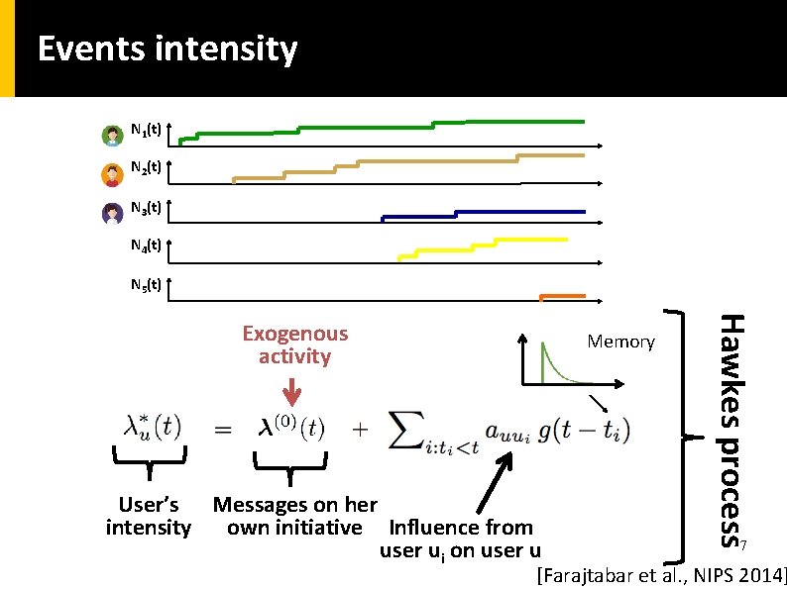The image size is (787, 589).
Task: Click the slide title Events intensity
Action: pos(167,49)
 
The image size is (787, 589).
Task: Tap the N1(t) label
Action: pos(147,130)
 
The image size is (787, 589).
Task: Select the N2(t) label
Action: pos(147,168)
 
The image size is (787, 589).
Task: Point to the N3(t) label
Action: pos(147,208)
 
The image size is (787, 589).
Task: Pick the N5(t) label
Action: pos(147,285)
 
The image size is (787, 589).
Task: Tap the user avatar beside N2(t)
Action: pos(112,174)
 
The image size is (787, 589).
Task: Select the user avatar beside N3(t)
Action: pos(112,213)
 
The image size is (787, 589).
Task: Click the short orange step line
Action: pos(561,296)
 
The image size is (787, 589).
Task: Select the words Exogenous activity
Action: pos(294,345)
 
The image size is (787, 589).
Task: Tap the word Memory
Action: pos(620,343)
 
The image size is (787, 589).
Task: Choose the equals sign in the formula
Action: pos(224,429)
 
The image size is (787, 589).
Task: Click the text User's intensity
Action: pos(148,517)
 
